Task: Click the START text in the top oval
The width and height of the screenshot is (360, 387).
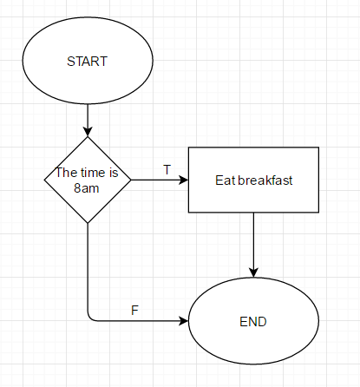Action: [x=87, y=62]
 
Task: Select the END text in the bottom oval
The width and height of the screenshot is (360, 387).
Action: [x=253, y=322]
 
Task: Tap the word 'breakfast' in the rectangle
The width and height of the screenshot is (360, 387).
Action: [x=265, y=180]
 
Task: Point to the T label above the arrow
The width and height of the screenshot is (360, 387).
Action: [x=167, y=170]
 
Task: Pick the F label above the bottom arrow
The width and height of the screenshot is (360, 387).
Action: [x=134, y=311]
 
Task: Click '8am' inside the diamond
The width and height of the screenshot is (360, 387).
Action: [x=87, y=188]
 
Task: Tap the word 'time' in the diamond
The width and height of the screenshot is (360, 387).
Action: [x=93, y=173]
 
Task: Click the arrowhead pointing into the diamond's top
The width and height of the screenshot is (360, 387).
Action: [x=88, y=132]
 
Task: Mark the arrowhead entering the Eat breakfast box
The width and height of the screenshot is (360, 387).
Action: [x=184, y=180]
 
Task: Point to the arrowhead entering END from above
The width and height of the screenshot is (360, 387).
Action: [x=253, y=272]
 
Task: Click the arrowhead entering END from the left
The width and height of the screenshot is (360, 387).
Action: [x=184, y=321]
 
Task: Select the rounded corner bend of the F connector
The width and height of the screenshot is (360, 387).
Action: [x=90, y=318]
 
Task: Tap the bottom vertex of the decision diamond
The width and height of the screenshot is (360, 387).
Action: [x=88, y=223]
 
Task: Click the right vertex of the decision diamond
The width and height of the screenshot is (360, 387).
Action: [x=131, y=180]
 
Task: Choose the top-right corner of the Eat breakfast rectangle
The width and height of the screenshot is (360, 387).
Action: [x=318, y=148]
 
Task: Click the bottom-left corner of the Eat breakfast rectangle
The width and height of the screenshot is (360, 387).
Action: [x=188, y=213]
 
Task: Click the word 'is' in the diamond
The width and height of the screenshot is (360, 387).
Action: [x=114, y=173]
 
